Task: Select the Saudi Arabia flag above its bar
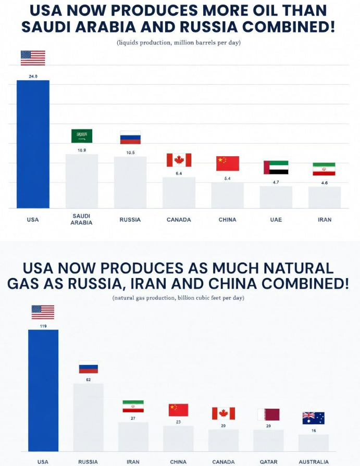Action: pos(82,136)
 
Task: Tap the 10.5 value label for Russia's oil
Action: pos(130,153)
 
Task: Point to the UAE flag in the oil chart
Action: pos(276,167)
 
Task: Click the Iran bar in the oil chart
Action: pos(324,197)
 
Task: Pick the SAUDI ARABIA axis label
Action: pos(82,219)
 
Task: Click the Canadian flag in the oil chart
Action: pos(179,160)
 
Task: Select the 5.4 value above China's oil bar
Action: pos(227,179)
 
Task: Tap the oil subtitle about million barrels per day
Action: pos(179,42)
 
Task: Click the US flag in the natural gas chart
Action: pos(43,312)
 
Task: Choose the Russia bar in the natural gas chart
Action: pos(88,417)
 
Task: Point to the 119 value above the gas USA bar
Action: pos(43,326)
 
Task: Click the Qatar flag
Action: pos(268,414)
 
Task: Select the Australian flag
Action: pos(313,418)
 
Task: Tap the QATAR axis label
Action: pos(268,462)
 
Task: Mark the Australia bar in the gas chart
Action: pos(313,443)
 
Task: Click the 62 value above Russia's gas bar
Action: pos(88,380)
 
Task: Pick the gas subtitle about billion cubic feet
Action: pos(178,298)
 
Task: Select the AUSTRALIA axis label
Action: pos(314,462)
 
